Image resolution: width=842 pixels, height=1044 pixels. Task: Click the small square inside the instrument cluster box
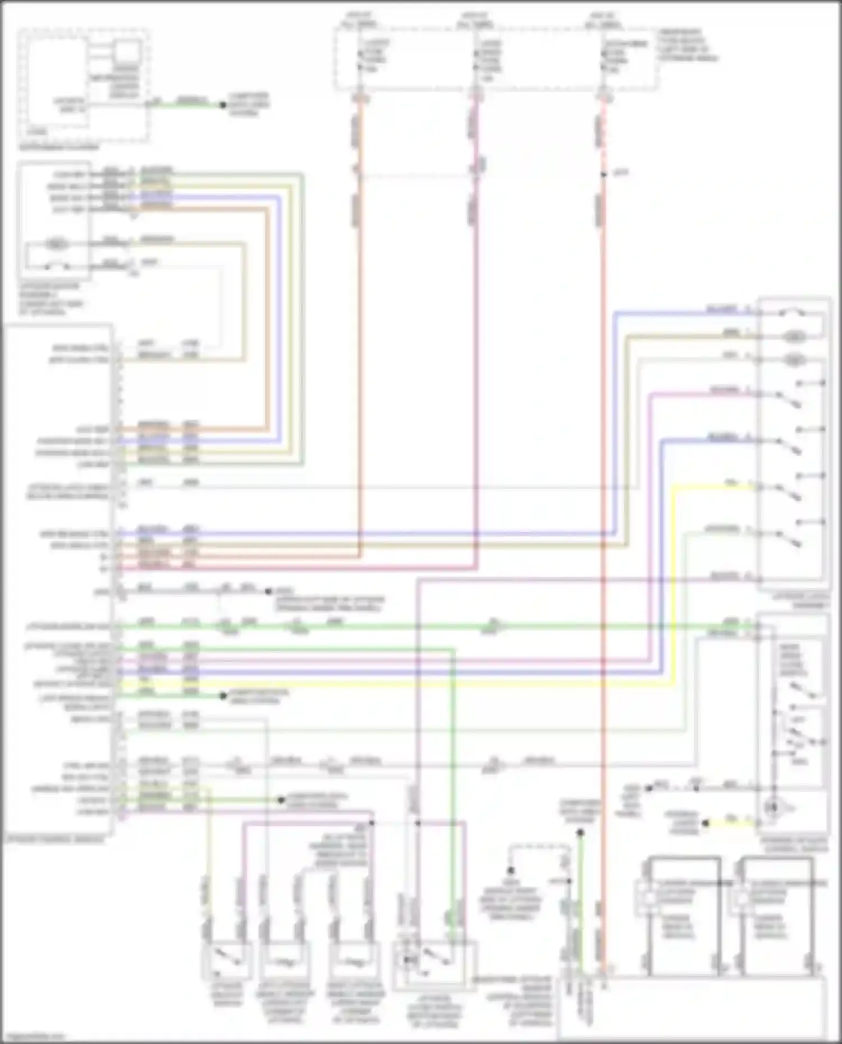click(x=127, y=52)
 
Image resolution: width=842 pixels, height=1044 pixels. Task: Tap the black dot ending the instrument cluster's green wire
click(x=223, y=105)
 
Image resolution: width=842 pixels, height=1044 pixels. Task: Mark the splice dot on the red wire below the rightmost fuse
click(x=603, y=174)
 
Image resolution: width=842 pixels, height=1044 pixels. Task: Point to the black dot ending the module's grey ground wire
click(x=268, y=591)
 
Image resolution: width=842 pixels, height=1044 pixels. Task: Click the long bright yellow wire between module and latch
click(x=393, y=685)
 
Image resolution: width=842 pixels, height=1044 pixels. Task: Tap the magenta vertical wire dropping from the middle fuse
click(x=476, y=337)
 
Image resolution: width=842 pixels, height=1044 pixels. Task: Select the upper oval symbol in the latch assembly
click(x=794, y=337)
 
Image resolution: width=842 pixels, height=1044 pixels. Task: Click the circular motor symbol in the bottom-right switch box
click(x=773, y=807)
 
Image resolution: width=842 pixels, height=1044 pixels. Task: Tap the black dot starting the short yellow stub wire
click(x=706, y=823)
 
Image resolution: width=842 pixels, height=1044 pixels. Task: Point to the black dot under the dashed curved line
click(x=511, y=871)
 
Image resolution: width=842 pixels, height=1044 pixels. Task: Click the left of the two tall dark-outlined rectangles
click(x=684, y=914)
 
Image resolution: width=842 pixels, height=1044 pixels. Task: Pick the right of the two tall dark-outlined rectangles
click(x=776, y=914)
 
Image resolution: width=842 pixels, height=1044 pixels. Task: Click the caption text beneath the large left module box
click(x=55, y=840)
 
